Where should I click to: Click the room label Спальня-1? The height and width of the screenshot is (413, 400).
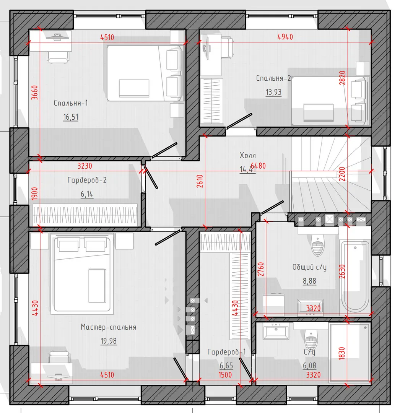coord(71,103)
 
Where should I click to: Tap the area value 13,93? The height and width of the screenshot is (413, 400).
coord(273,92)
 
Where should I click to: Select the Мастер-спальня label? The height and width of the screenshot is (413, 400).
coord(109,327)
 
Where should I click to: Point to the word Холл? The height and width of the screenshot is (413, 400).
coord(247,155)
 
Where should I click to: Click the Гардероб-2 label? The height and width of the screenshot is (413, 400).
coord(87,180)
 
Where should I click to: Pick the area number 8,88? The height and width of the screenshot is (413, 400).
coord(309,281)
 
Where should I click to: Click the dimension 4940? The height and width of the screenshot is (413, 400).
coord(285,37)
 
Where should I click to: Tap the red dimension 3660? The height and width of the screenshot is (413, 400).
coord(35,93)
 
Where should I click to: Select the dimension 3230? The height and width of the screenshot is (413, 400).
coord(85,166)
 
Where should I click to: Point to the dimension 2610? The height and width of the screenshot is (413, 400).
coord(200,181)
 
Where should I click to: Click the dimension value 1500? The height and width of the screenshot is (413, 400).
coord(225,375)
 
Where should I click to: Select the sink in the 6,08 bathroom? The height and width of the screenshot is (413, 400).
coord(276,331)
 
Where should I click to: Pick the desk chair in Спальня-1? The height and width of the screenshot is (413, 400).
coord(58,57)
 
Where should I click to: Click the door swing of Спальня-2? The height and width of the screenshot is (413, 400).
coord(239,121)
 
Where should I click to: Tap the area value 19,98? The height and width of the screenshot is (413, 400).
coord(109,341)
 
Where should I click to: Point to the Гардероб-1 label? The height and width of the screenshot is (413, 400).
coord(226,352)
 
